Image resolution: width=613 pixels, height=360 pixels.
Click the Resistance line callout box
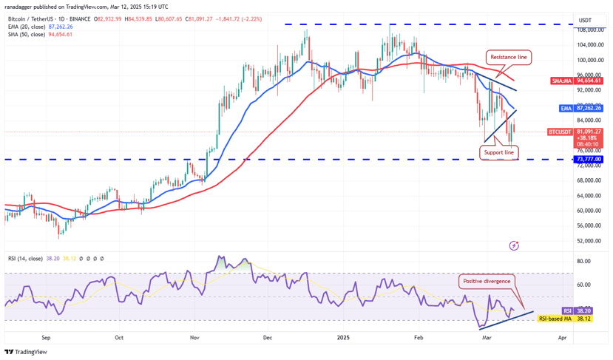(x=509, y=56)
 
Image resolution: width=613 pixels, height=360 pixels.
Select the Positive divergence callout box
(x=486, y=281)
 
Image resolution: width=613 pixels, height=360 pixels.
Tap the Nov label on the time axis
(x=194, y=337)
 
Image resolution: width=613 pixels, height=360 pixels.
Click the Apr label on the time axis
(x=563, y=337)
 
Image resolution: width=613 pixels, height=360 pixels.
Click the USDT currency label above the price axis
(x=585, y=20)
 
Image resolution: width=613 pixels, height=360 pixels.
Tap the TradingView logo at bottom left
(x=27, y=352)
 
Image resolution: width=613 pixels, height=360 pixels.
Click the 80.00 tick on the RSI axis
(x=583, y=261)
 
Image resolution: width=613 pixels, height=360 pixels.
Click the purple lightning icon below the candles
(x=514, y=245)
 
